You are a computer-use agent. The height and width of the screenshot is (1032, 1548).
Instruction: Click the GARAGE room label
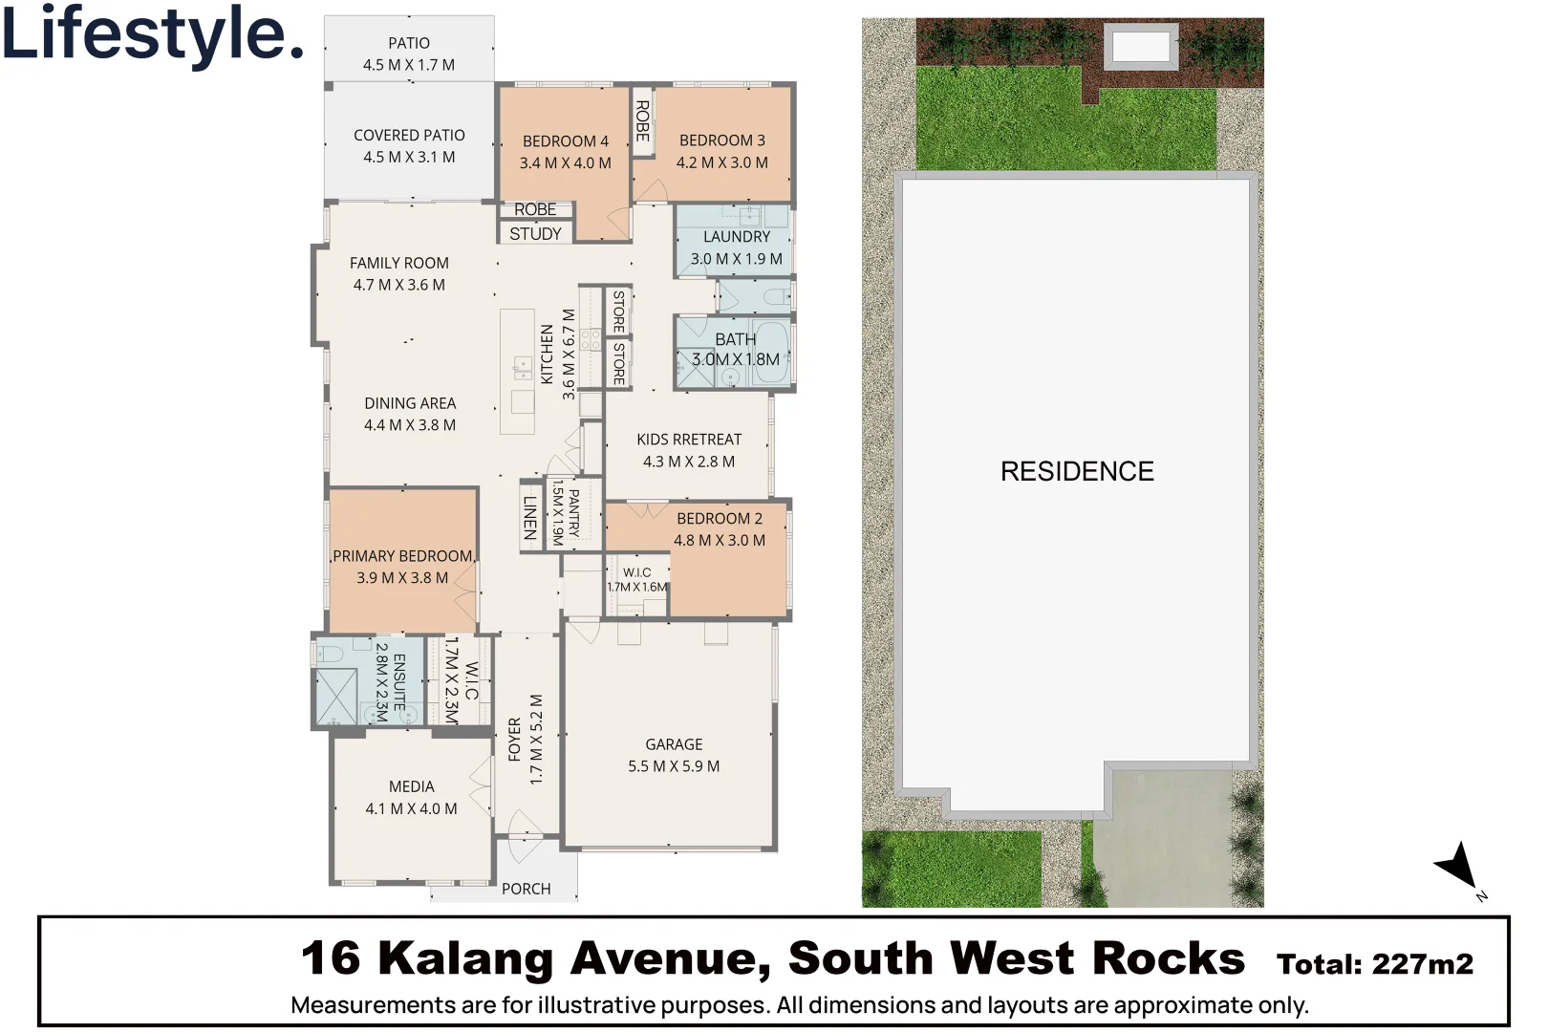tap(674, 744)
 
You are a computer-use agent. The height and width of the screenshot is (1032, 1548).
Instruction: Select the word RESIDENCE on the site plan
tap(1077, 471)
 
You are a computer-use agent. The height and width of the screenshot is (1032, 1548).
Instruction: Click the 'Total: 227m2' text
tap(1374, 964)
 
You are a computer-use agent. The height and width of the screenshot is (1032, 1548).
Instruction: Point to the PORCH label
tap(526, 889)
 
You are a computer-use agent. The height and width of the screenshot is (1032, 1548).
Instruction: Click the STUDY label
tap(535, 233)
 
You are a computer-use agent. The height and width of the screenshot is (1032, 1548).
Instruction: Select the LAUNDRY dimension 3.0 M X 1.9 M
tap(736, 259)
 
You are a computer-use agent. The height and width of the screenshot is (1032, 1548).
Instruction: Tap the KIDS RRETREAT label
tap(689, 440)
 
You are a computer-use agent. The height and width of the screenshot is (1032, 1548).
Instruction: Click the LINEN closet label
tap(530, 517)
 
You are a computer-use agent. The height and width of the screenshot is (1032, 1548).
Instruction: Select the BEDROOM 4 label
tap(565, 141)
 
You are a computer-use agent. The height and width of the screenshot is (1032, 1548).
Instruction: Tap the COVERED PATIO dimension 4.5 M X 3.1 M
tap(409, 158)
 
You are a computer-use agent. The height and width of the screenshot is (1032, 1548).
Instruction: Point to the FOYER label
tap(515, 739)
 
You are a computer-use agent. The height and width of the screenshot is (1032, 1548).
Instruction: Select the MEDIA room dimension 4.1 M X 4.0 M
tap(411, 808)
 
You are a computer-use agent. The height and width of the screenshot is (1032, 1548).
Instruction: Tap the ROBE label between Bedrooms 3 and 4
tap(643, 120)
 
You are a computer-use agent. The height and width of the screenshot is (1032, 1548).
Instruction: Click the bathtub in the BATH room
tap(768, 355)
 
